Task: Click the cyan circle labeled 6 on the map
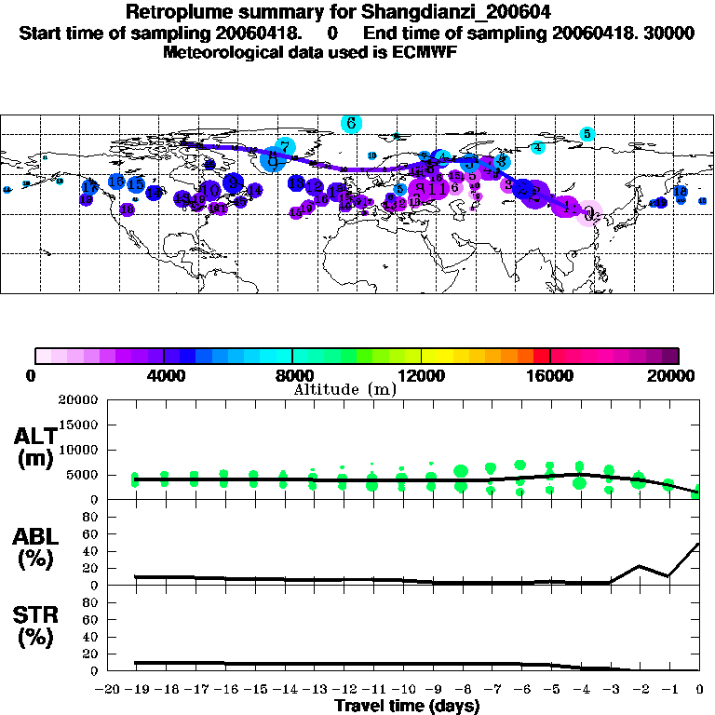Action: tap(351, 123)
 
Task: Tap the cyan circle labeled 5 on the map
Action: tap(587, 134)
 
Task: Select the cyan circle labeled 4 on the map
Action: tap(537, 147)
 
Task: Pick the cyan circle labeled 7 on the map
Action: tap(285, 146)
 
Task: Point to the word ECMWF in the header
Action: tap(427, 52)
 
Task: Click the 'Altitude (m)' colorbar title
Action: tap(344, 389)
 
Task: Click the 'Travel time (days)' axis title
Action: tap(407, 706)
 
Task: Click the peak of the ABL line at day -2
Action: tap(640, 566)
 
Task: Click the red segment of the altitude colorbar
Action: tap(541, 356)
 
